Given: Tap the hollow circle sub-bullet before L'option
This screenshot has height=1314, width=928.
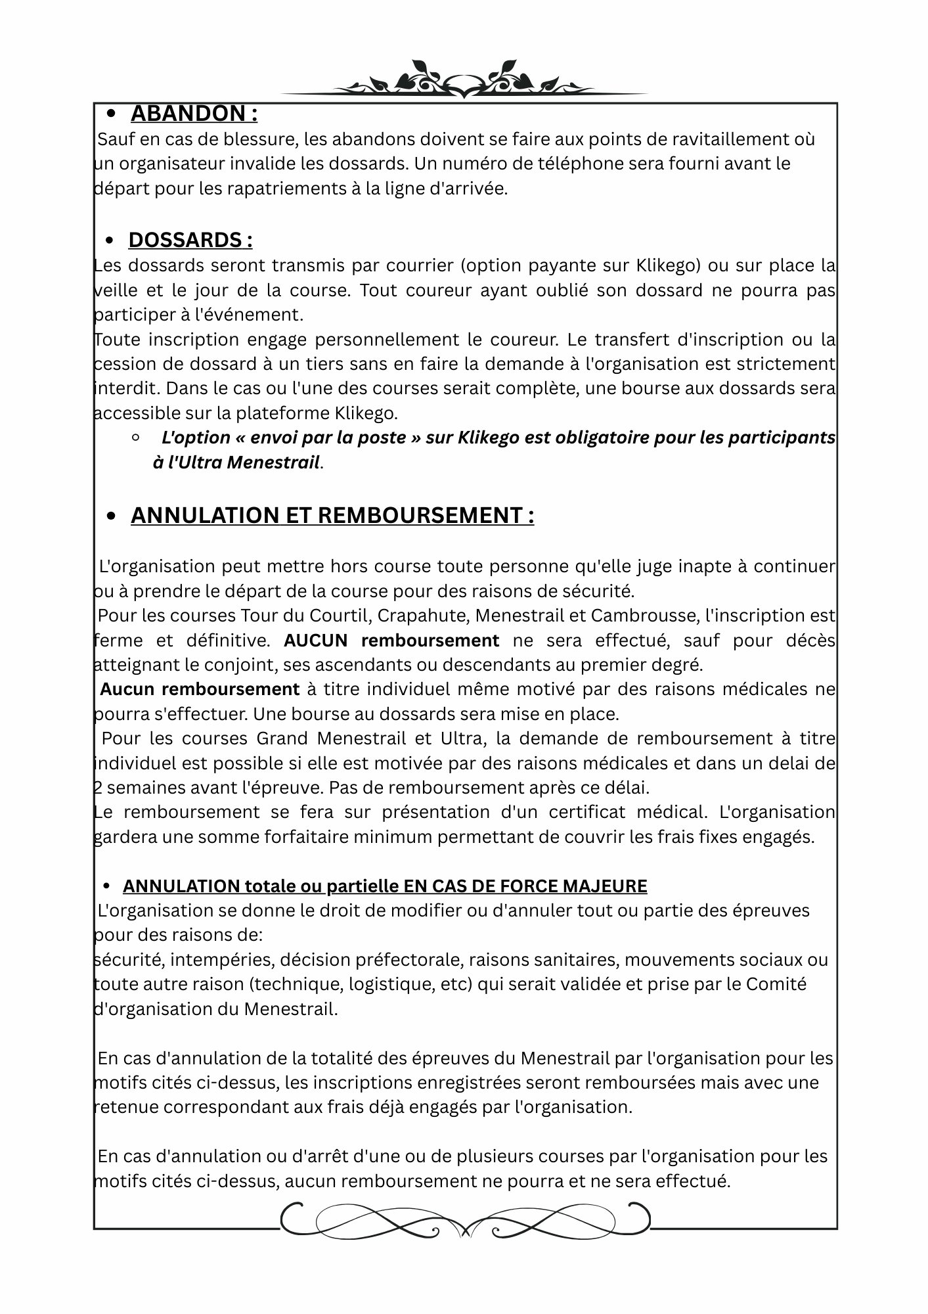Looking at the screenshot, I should coord(135,437).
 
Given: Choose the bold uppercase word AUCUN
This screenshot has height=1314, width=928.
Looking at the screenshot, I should coord(319,640).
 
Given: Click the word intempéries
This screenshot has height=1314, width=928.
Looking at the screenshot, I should coord(223,960).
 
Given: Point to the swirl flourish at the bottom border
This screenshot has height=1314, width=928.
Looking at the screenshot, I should coord(464,1221).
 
